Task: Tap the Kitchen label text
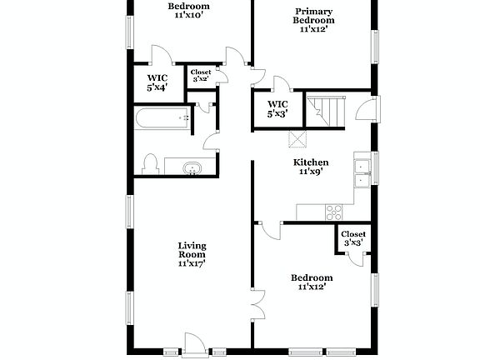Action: coord(311,162)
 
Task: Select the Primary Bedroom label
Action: coord(313,20)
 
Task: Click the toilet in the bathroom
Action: coord(150,162)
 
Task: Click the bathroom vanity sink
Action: coord(192,169)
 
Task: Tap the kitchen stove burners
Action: coord(333,210)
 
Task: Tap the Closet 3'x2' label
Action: coord(201,76)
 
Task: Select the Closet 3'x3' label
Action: coord(353,238)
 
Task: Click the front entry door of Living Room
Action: coord(194,342)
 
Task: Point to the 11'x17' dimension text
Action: coord(192,263)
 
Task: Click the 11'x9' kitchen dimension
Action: coord(311,172)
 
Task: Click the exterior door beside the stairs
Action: coord(364,109)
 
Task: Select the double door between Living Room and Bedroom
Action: coord(257,304)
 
